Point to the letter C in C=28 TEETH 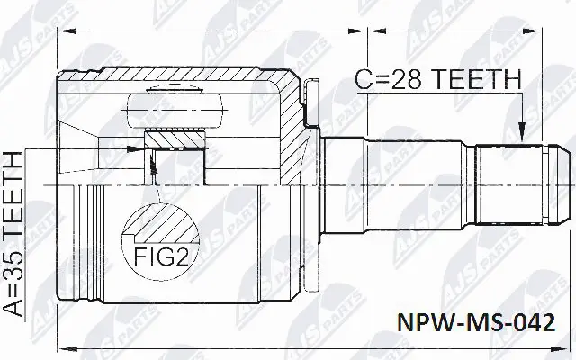click(360, 80)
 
